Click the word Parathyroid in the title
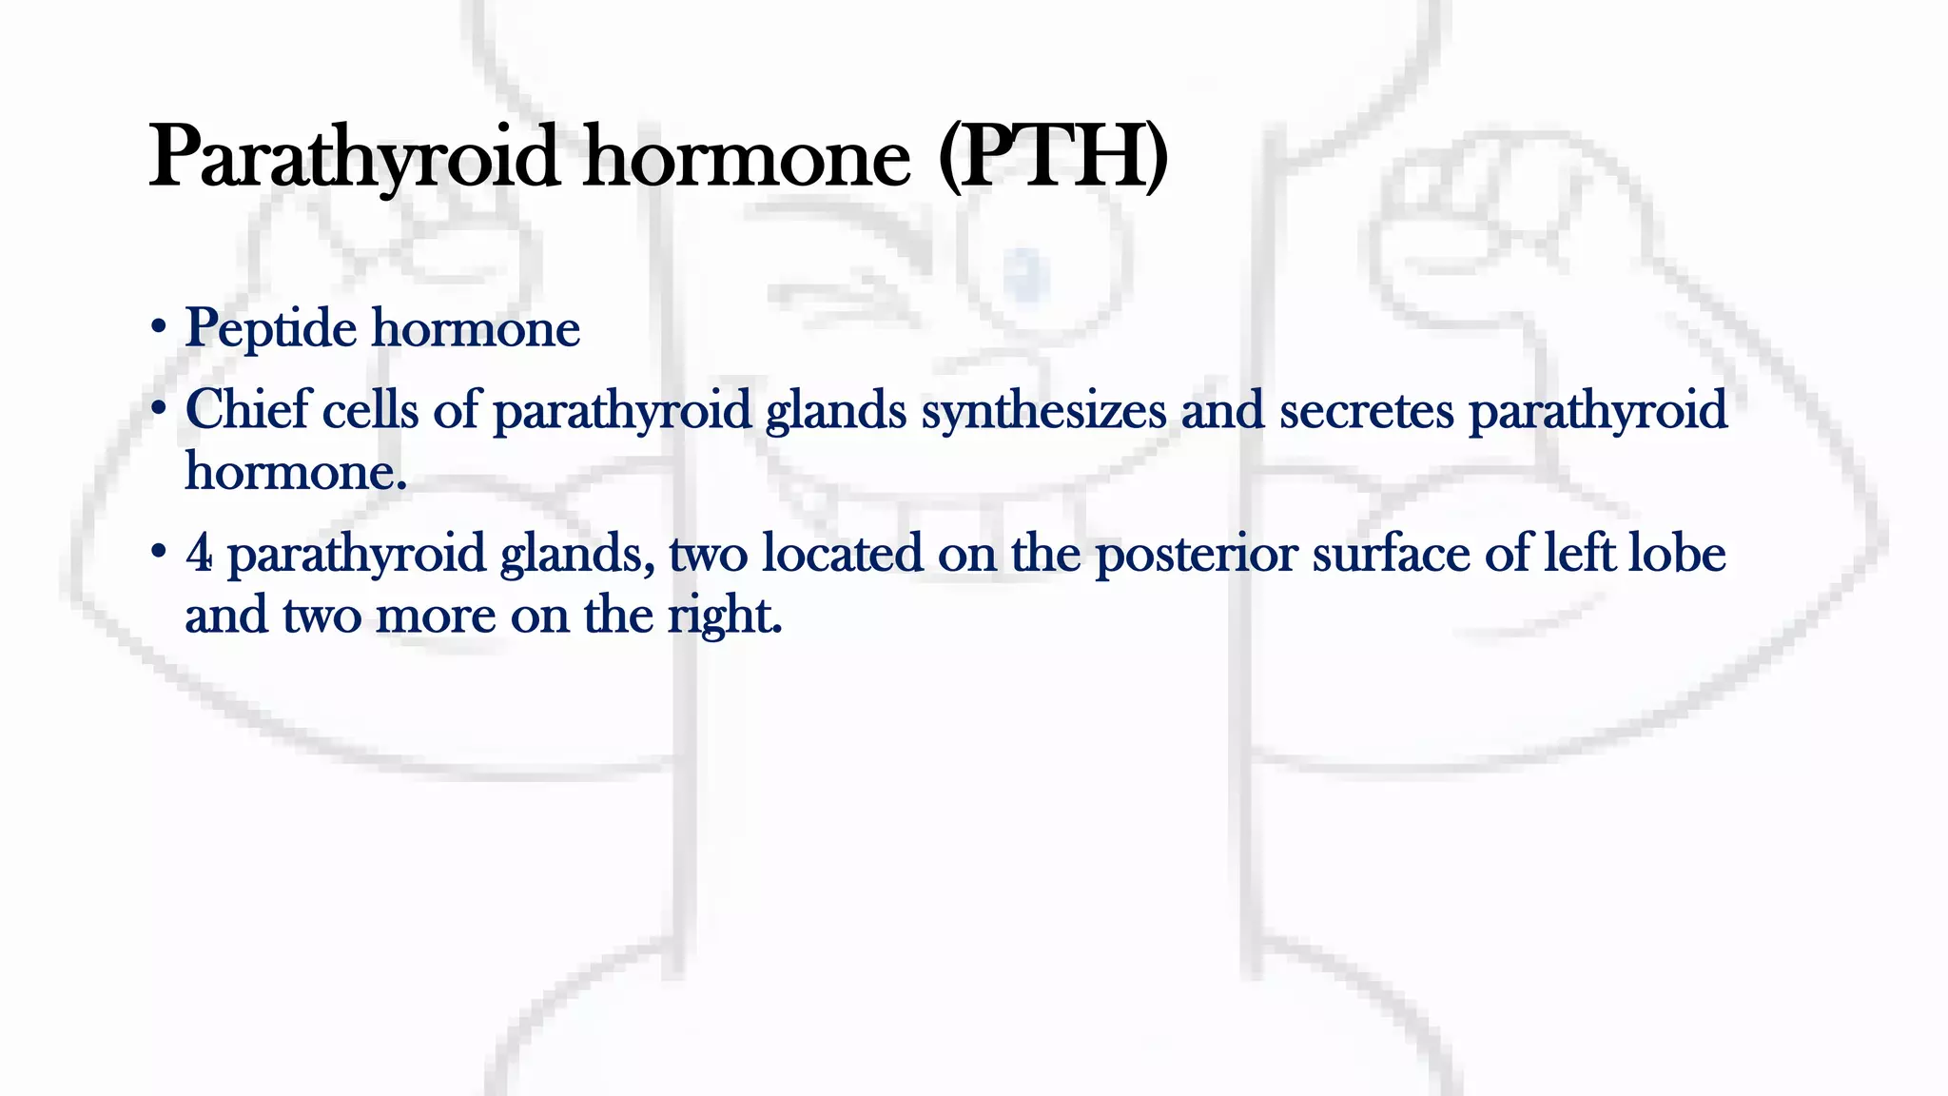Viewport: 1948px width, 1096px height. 353,158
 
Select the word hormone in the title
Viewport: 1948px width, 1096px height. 747,158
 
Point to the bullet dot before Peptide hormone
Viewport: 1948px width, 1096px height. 159,329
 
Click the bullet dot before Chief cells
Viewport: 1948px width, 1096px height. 159,410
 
